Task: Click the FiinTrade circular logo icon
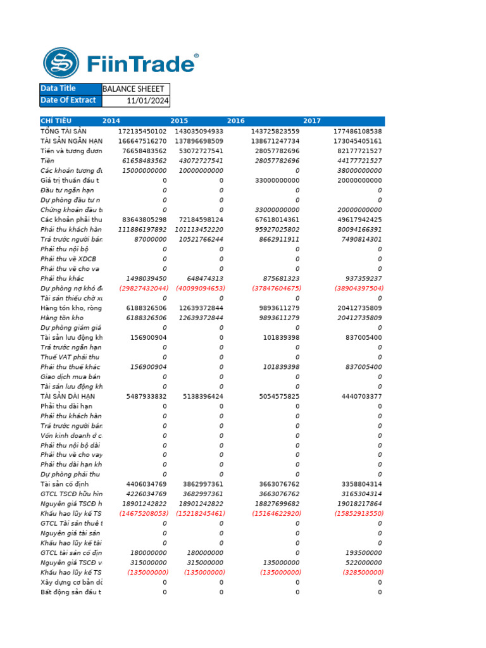61,63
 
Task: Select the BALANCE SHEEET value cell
135,89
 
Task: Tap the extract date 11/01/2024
147,101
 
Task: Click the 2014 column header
111,121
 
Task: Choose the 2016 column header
236,121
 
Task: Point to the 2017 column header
312,121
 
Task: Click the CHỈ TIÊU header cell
56,121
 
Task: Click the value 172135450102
142,131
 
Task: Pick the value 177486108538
358,131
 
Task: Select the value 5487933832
146,396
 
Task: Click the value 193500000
363,552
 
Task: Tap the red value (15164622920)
280,514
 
